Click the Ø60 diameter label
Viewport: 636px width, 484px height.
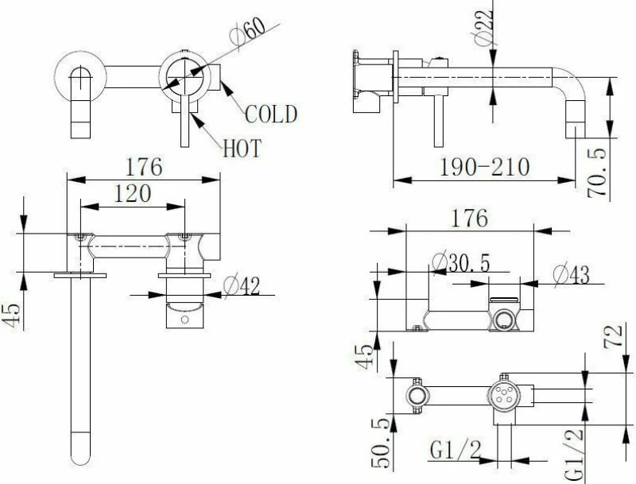pos(247,31)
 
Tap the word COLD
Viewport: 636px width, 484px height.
pos(271,114)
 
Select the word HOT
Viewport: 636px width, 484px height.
pos(242,148)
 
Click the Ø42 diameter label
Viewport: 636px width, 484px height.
pos(242,286)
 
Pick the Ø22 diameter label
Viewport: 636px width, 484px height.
pos(484,26)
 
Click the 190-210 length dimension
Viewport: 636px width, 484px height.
pos(485,167)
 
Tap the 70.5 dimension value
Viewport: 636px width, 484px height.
pos(598,172)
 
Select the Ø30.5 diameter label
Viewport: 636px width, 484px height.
pos(461,263)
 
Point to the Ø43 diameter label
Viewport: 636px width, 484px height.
pos(571,274)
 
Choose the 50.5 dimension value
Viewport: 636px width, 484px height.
pos(380,443)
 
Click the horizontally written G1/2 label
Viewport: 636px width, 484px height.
pos(456,450)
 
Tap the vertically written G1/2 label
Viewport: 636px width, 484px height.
pos(574,454)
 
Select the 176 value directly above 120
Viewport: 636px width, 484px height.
pos(144,167)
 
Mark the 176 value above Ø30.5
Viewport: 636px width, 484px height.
pos(470,218)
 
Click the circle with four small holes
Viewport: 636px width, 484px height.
pos(504,396)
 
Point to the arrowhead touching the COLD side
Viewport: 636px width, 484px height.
pos(227,87)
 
